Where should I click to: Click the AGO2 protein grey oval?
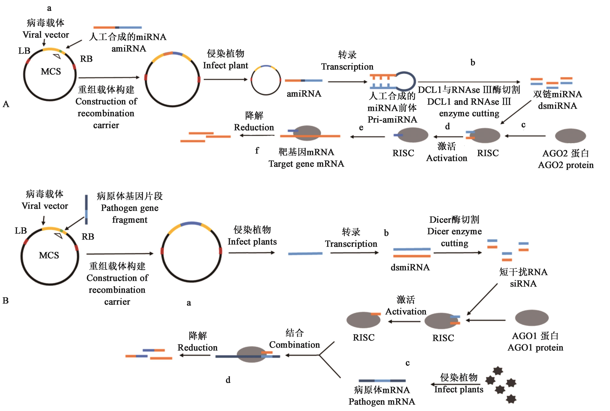pos(570,136)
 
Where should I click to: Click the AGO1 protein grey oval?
pos(532,318)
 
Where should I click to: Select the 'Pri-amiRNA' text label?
pos(392,120)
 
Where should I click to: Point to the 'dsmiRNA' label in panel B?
pos(410,267)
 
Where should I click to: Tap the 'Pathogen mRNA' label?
pos(382,402)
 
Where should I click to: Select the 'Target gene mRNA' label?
pos(306,164)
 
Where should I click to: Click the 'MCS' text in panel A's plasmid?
pos(51,71)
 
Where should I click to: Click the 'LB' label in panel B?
pos(21,231)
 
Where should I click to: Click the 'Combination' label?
pos(295,345)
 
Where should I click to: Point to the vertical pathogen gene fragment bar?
pos(86,210)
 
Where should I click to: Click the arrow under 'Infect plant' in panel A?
pos(225,79)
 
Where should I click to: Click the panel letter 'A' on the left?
pos(6,104)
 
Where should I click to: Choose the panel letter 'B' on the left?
pos(6,300)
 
